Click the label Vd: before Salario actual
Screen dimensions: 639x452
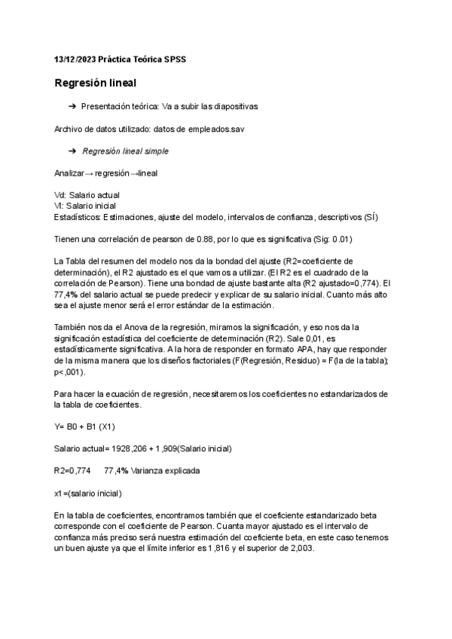click(x=60, y=195)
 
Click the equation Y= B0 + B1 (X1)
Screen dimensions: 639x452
click(x=84, y=427)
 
